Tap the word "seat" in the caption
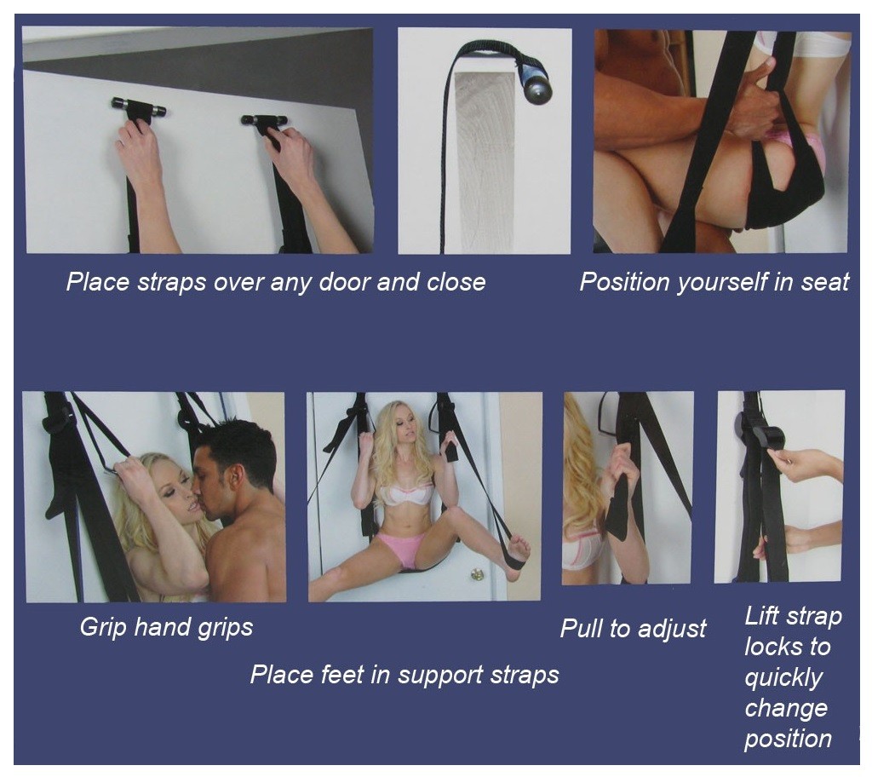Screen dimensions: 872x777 824,282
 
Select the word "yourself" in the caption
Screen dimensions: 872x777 720,283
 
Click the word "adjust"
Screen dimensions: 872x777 672,630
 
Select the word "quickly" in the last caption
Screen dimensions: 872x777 783,678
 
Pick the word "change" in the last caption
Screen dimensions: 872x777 786,709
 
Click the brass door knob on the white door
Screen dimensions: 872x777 477,573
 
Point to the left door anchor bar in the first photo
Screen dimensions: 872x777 138,106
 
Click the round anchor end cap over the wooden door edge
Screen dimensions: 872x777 535,87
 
